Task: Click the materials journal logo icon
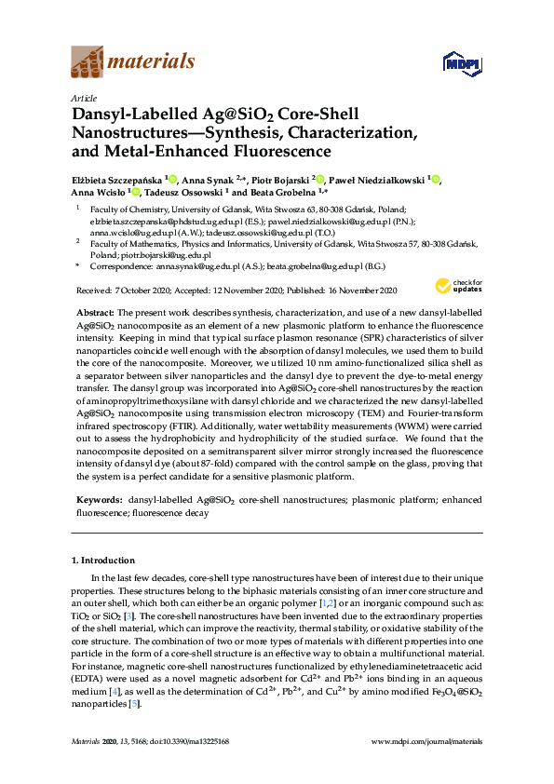pyautogui.click(x=88, y=62)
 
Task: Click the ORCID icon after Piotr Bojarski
pyautogui.click(x=319, y=179)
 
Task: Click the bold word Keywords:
pyautogui.click(x=98, y=501)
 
